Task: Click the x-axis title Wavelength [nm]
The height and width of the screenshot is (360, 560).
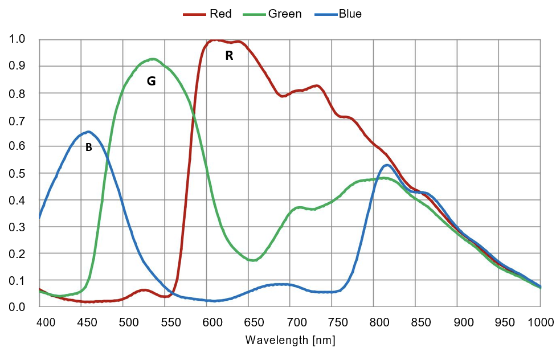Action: click(290, 341)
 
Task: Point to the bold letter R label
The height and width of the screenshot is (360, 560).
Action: click(229, 56)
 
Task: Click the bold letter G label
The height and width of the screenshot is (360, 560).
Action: click(151, 81)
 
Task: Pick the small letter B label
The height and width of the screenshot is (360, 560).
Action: click(88, 148)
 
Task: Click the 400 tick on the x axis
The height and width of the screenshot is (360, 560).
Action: click(46, 323)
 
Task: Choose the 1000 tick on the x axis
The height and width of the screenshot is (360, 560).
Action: click(539, 323)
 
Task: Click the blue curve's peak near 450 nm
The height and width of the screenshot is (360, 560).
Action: click(88, 132)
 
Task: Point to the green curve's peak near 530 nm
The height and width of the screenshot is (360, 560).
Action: click(152, 59)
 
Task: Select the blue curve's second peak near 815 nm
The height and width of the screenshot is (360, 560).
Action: click(387, 165)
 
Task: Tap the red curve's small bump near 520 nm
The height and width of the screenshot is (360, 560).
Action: click(144, 290)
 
